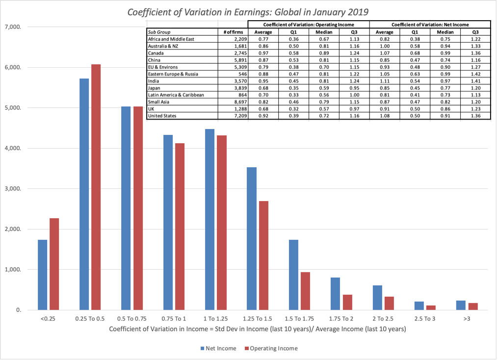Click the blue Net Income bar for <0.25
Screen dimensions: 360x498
43,275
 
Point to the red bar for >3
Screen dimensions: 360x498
472,307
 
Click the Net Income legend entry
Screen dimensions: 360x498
218,349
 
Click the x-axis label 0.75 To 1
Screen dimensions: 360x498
174,319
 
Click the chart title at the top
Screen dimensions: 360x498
248,11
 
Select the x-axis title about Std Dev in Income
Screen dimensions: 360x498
258,329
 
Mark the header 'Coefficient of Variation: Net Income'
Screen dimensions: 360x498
430,25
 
